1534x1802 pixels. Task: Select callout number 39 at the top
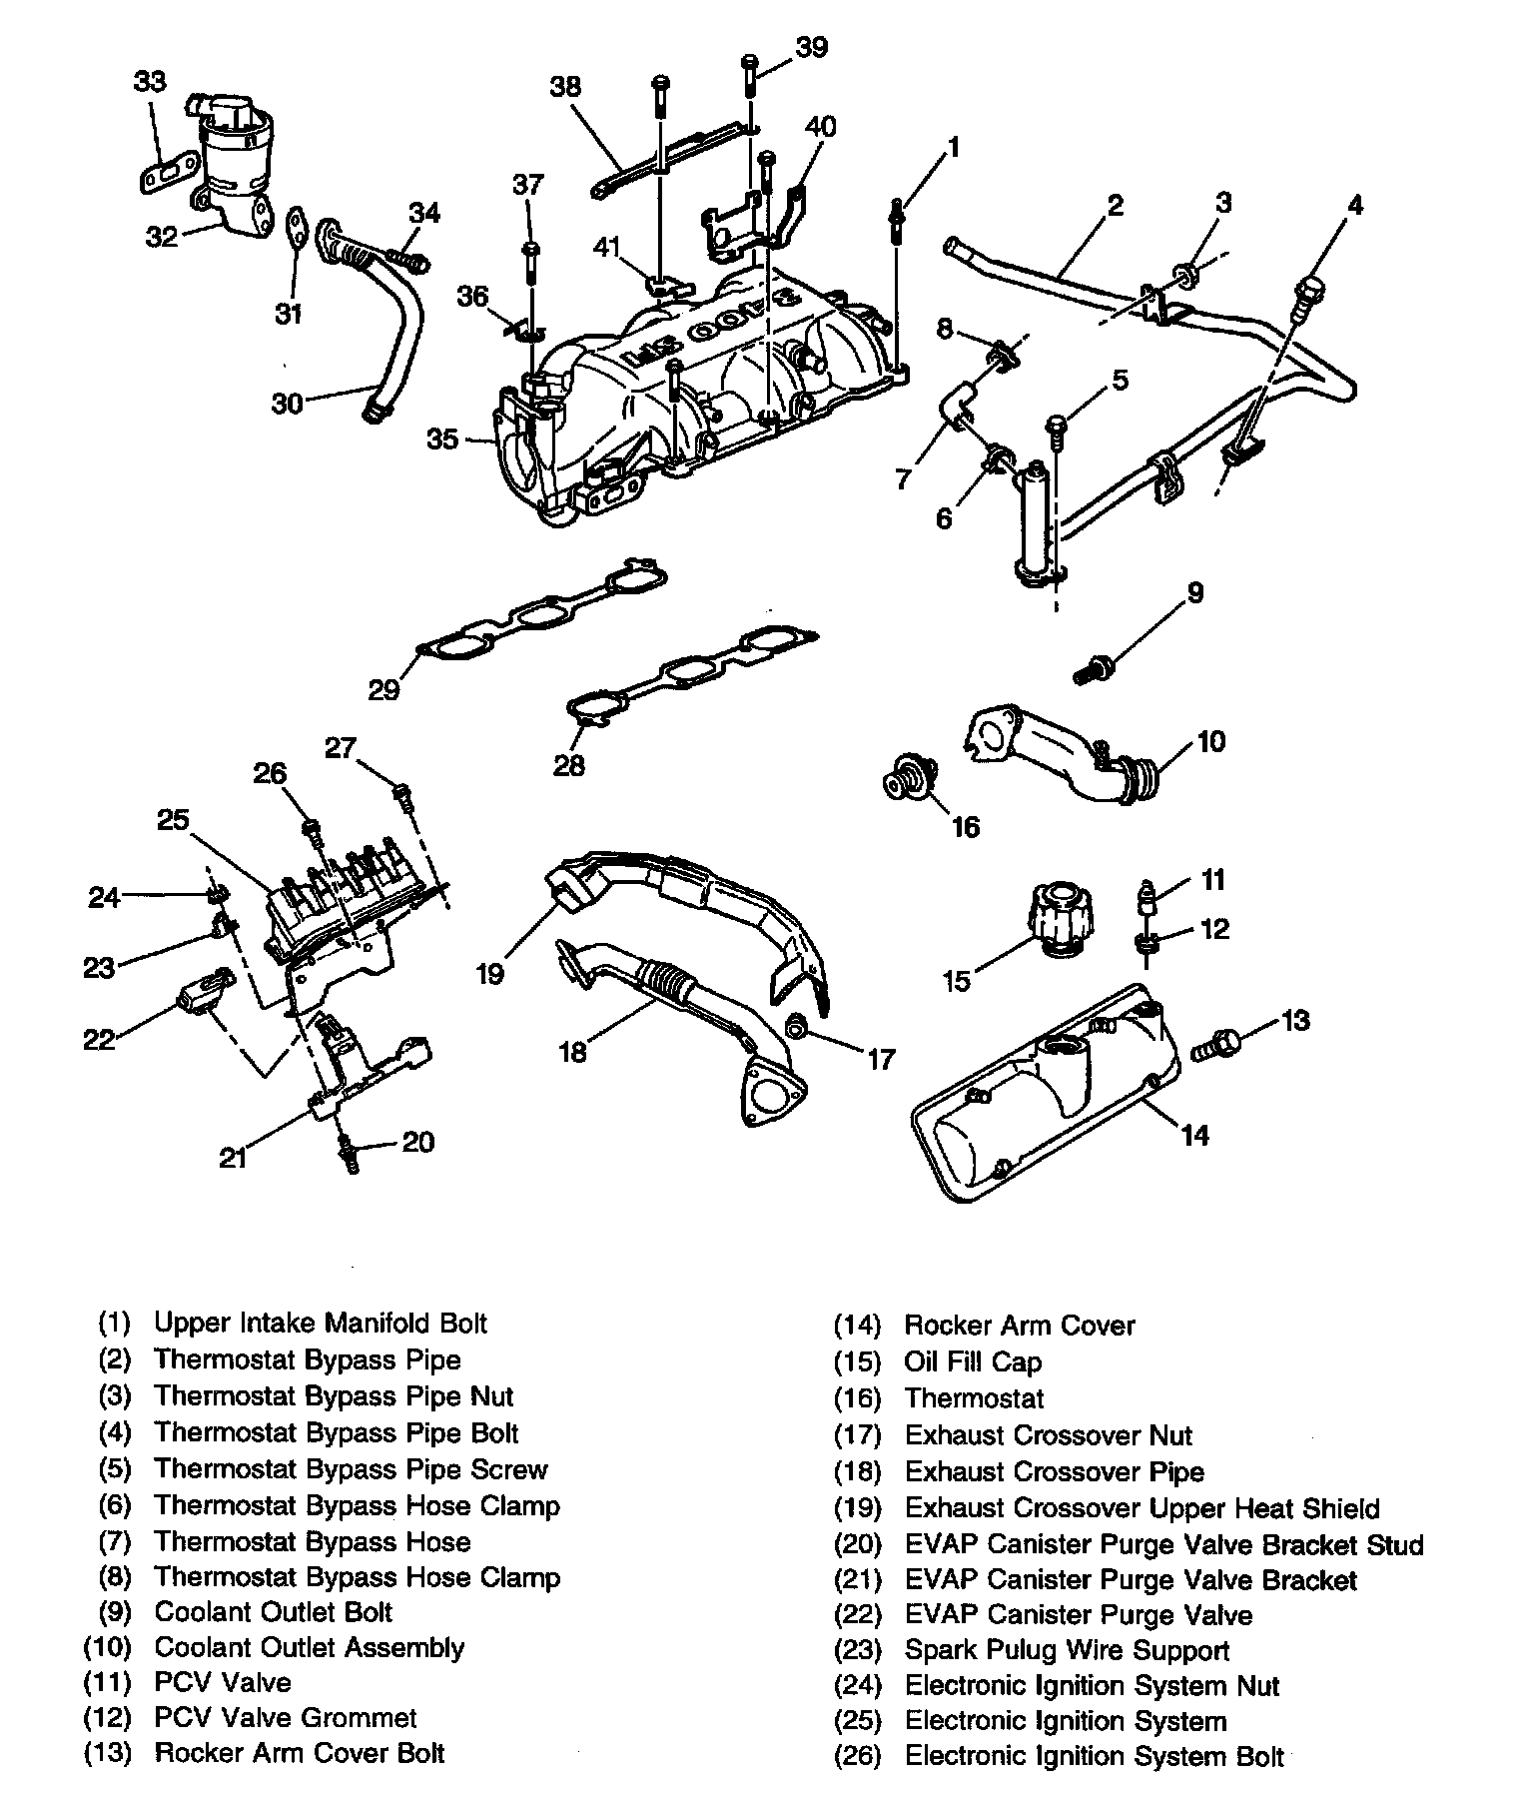[811, 48]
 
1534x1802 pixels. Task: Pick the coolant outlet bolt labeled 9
[1095, 667]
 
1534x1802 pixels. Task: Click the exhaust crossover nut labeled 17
[798, 1026]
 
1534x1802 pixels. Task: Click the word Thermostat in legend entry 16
[974, 1399]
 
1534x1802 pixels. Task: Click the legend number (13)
[108, 1754]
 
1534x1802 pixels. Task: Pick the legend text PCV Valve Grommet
[286, 1718]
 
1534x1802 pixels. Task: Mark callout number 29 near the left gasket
[383, 690]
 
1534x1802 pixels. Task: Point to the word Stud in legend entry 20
[1390, 1545]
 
